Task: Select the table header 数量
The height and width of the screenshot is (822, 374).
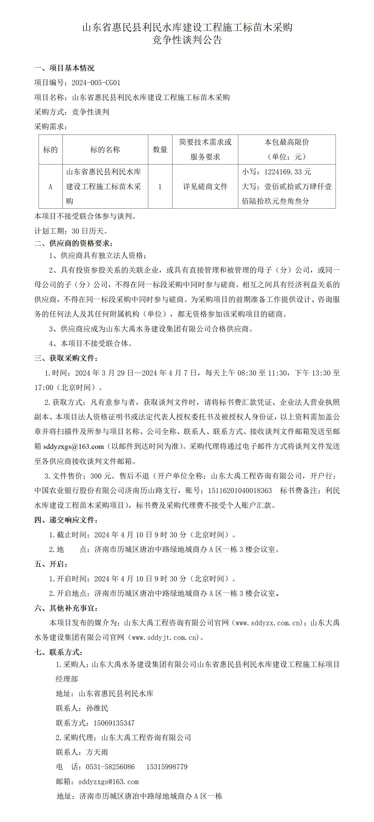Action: point(160,150)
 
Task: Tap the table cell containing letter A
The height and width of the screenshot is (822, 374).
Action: point(50,187)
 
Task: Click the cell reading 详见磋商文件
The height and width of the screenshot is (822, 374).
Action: point(205,187)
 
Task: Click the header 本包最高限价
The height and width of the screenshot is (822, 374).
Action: point(287,142)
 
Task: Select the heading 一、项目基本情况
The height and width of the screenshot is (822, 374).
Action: point(64,68)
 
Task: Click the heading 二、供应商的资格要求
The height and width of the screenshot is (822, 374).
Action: point(74,243)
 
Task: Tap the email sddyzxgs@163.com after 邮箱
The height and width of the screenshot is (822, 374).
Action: point(108,782)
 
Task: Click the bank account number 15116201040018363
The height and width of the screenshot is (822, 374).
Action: point(240,491)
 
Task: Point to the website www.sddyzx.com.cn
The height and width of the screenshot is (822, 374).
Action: point(268,622)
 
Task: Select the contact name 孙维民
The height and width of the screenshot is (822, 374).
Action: point(97,708)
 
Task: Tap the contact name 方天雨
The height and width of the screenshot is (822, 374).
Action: point(97,752)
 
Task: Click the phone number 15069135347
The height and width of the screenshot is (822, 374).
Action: point(114,723)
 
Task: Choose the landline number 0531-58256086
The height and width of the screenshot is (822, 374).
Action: point(110,767)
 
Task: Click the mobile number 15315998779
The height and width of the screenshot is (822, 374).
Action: point(167,767)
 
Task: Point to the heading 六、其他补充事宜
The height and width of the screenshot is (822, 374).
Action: point(66,608)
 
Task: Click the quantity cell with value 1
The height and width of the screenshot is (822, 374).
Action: point(160,187)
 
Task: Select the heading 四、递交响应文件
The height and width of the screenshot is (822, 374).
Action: point(66,520)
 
